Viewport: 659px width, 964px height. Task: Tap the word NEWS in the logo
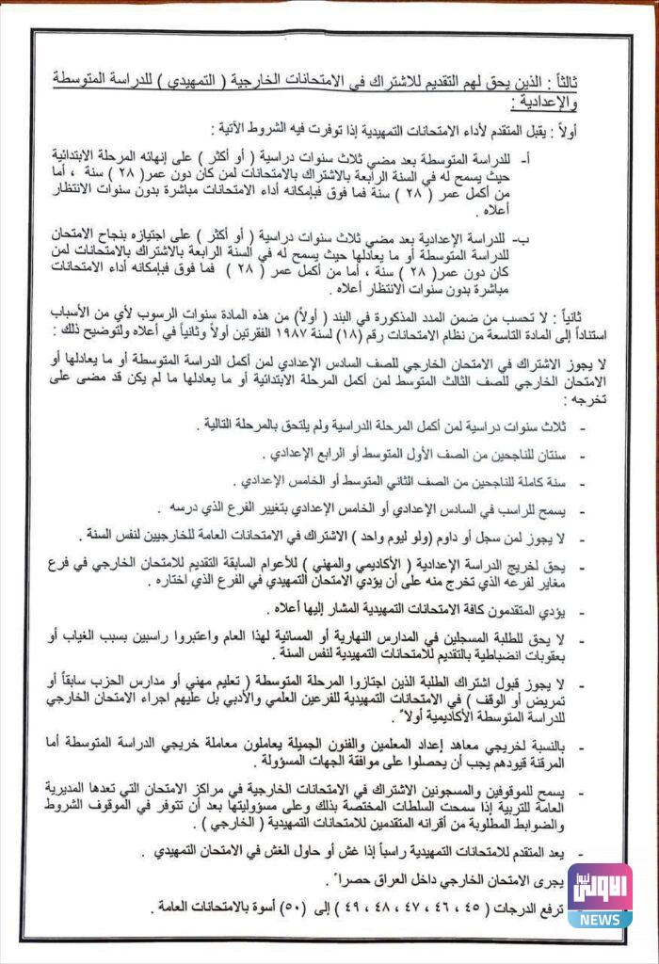(599, 919)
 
